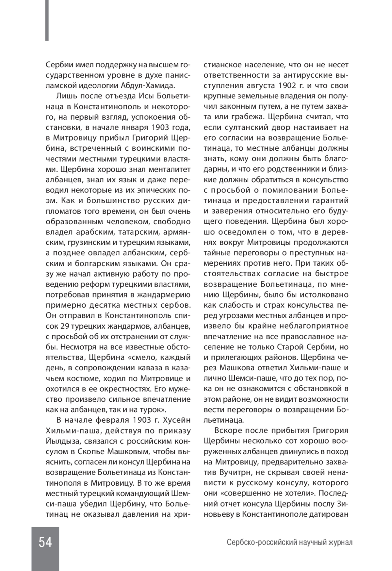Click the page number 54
pos(45,542)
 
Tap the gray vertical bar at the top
pos(47,20)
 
